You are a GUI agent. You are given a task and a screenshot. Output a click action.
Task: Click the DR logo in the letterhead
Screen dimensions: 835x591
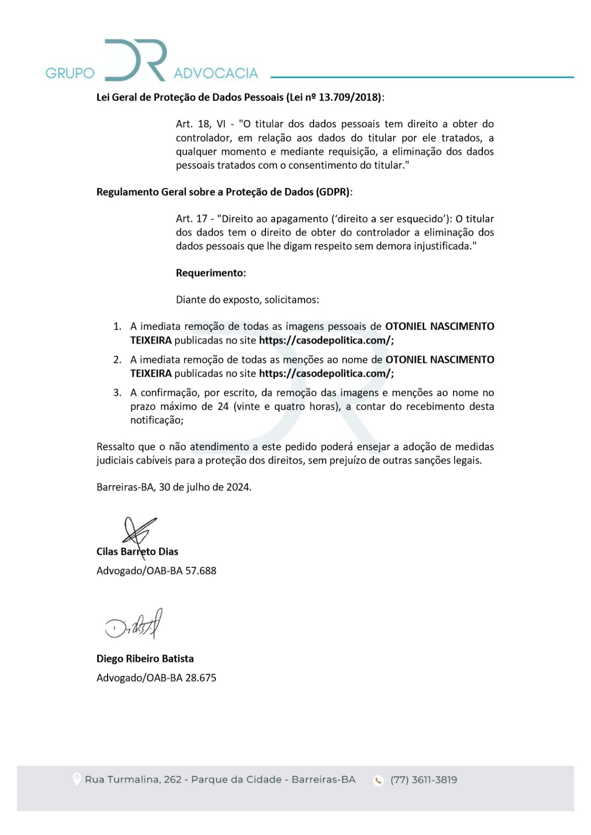[x=135, y=60]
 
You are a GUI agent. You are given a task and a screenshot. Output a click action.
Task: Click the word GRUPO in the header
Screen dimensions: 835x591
[x=69, y=73]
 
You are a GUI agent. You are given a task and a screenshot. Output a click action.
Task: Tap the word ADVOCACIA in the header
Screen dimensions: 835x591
[x=216, y=73]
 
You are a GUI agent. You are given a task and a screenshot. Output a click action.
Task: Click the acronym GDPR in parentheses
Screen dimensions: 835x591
[x=333, y=192]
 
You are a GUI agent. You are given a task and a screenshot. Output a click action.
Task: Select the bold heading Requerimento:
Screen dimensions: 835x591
[x=211, y=273]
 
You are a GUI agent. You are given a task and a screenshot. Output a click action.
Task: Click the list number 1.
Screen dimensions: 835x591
[x=117, y=327]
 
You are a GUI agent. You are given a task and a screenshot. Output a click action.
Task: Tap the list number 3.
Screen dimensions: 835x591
[x=117, y=393]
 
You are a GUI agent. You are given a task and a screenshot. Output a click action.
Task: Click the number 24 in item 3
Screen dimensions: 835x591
[x=223, y=407]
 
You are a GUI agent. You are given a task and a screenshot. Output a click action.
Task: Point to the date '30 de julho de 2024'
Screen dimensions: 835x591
[x=205, y=487]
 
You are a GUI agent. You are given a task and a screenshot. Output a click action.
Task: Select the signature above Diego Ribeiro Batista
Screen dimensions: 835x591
[x=134, y=625]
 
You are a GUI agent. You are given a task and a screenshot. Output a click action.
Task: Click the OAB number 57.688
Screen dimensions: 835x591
[x=201, y=571]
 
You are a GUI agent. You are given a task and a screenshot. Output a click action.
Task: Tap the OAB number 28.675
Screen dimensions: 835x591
[x=201, y=678]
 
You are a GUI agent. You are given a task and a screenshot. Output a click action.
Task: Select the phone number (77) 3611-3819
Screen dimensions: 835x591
[x=423, y=780]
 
